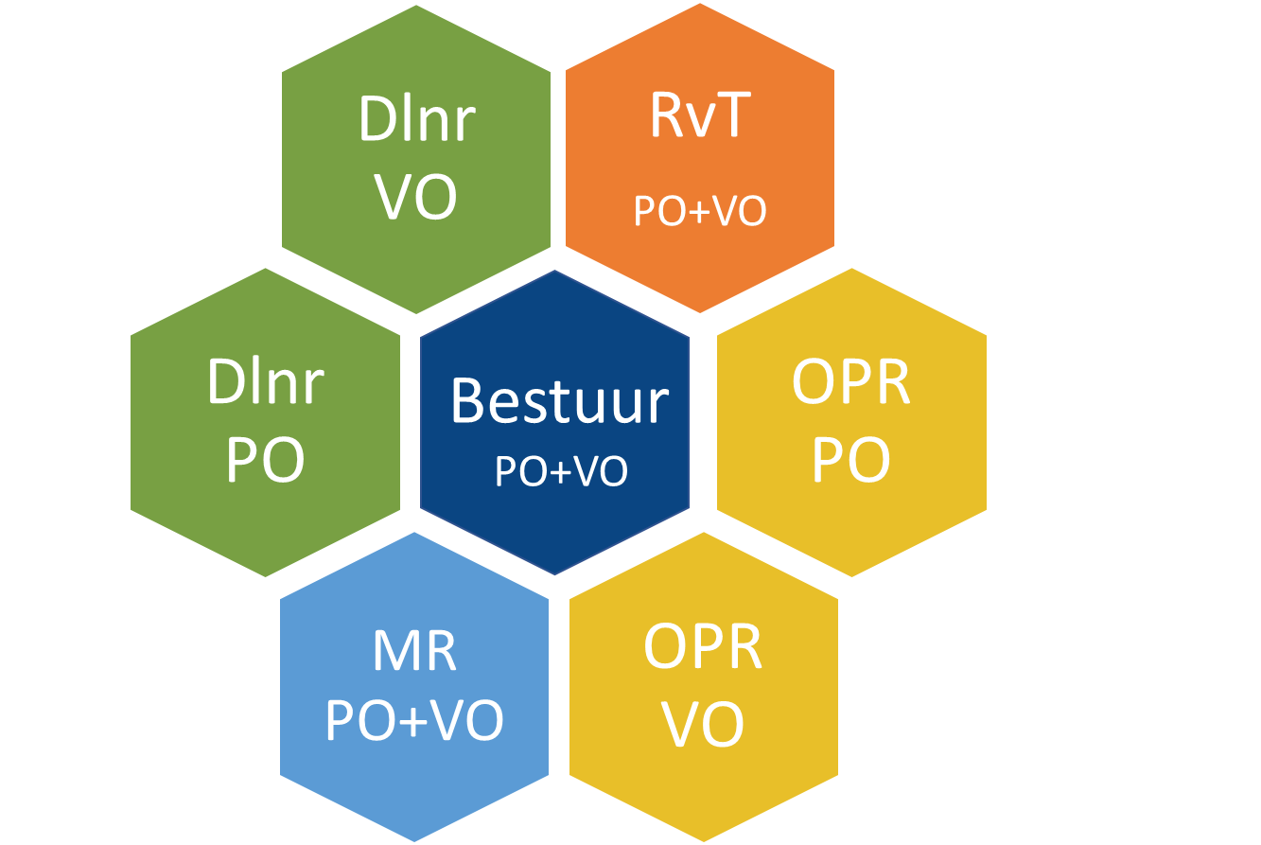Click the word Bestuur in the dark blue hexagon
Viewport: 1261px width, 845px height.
click(x=560, y=401)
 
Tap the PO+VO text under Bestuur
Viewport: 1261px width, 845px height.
click(x=561, y=470)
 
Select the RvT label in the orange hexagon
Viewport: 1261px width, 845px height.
click(x=700, y=114)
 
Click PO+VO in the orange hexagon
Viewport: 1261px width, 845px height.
click(x=700, y=211)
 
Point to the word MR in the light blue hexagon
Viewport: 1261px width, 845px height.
click(x=414, y=651)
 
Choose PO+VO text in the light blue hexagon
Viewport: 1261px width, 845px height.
click(x=414, y=720)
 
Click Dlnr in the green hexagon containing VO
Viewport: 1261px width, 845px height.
click(x=417, y=119)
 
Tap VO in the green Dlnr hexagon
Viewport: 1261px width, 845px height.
click(x=415, y=197)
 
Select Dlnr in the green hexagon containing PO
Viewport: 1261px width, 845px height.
click(x=266, y=381)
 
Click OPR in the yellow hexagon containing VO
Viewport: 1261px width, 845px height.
click(x=703, y=647)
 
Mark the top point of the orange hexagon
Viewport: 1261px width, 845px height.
click(x=700, y=4)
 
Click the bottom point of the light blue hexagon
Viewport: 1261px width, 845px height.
click(x=414, y=841)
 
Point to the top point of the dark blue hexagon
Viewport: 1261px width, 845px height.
click(x=554, y=271)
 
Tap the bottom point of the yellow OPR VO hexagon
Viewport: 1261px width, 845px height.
click(x=704, y=841)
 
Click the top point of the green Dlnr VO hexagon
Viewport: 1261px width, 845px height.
click(x=416, y=5)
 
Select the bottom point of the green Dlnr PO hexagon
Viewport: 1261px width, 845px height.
click(x=265, y=577)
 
